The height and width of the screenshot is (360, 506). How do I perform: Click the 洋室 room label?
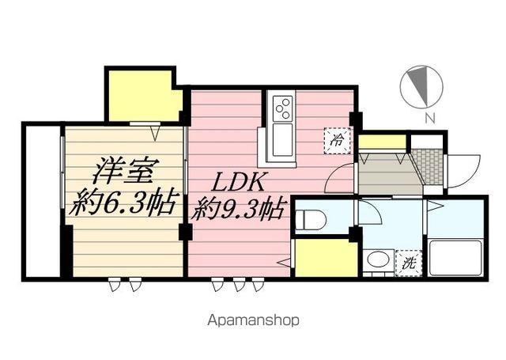(x=123, y=170)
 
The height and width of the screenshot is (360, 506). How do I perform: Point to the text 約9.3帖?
(x=238, y=208)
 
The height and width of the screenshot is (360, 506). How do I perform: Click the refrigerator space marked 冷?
(x=338, y=141)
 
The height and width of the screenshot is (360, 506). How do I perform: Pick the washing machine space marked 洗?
(x=409, y=263)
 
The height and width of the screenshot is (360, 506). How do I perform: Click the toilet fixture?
(x=311, y=220)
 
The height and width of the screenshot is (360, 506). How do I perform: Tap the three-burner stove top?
(x=283, y=108)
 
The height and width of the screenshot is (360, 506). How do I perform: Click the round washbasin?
(x=379, y=260)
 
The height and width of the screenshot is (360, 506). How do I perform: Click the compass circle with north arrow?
(x=421, y=86)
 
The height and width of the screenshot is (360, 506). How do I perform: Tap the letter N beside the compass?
(x=429, y=119)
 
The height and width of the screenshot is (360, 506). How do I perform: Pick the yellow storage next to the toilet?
(x=327, y=258)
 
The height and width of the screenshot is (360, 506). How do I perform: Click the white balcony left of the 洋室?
(x=43, y=202)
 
